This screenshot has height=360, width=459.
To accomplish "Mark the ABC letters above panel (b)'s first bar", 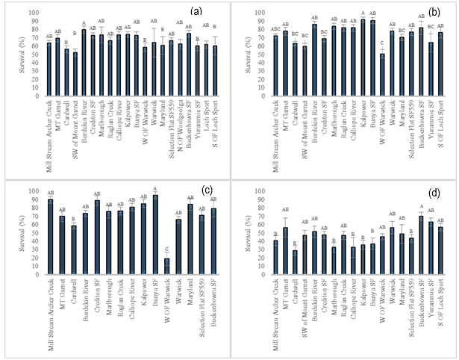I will (275, 29).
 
